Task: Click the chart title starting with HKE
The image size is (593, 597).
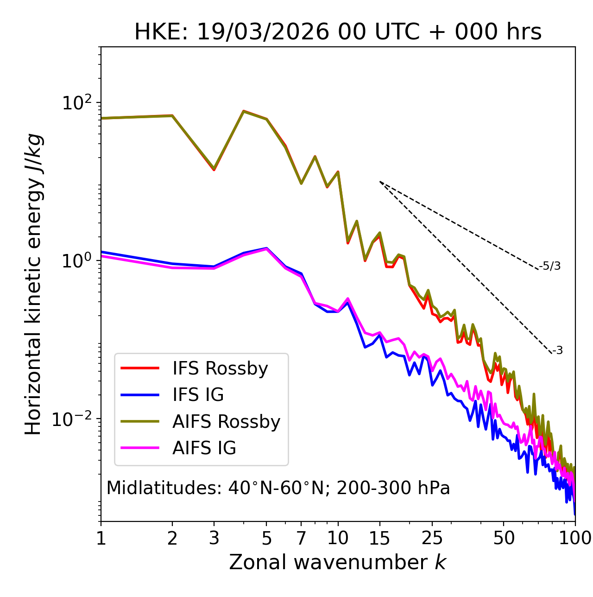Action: pyautogui.click(x=338, y=32)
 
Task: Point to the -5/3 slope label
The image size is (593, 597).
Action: pyautogui.click(x=550, y=266)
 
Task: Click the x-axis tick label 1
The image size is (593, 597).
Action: pyautogui.click(x=101, y=538)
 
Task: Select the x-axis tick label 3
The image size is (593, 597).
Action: pyautogui.click(x=214, y=538)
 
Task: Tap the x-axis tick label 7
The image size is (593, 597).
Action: pyautogui.click(x=301, y=538)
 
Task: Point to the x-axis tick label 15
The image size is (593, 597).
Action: pyautogui.click(x=379, y=538)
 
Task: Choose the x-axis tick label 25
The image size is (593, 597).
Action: pyautogui.click(x=432, y=538)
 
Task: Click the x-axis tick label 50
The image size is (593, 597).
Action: pyautogui.click(x=504, y=538)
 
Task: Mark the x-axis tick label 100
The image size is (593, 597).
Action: pyautogui.click(x=575, y=538)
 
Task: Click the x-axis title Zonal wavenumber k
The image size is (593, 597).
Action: pyautogui.click(x=337, y=562)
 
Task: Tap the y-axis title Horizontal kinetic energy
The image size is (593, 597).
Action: pyautogui.click(x=33, y=285)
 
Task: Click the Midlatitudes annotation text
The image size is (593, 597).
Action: pyautogui.click(x=278, y=488)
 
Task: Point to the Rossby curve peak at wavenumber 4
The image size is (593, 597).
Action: pyautogui.click(x=243, y=111)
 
